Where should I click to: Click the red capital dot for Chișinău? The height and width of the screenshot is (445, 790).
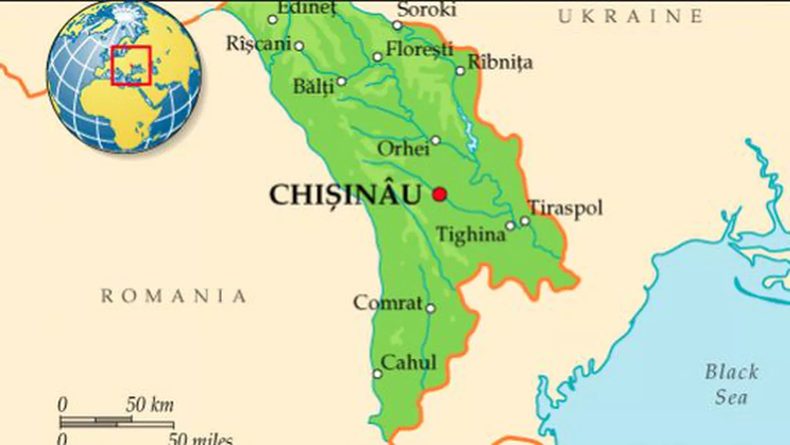[x=440, y=195]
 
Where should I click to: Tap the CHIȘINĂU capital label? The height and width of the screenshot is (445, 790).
[x=345, y=195]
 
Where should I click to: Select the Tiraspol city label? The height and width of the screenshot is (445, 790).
[x=566, y=208]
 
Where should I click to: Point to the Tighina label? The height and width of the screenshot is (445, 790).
[x=471, y=235]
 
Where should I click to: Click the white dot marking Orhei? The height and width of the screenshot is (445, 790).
[x=435, y=140]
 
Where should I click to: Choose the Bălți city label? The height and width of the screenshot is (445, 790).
[x=314, y=87]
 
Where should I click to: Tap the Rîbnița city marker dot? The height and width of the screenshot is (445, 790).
[x=460, y=71]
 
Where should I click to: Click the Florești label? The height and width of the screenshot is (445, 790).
[x=419, y=49]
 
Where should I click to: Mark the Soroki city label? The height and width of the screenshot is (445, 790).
[x=426, y=9]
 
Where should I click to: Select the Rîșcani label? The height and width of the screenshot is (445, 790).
[x=258, y=43]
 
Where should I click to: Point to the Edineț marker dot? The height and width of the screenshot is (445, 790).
[x=273, y=19]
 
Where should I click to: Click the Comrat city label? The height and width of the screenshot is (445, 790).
[x=387, y=303]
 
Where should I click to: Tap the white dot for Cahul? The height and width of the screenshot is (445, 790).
[x=377, y=374]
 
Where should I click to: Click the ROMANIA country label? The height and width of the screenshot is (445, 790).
[x=174, y=296]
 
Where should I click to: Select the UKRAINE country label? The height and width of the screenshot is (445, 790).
[x=630, y=17]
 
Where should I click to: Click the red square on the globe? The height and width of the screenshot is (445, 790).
[x=131, y=65]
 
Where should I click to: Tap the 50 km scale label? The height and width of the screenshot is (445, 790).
[x=150, y=405]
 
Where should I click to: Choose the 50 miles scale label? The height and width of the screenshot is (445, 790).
[x=200, y=439]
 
